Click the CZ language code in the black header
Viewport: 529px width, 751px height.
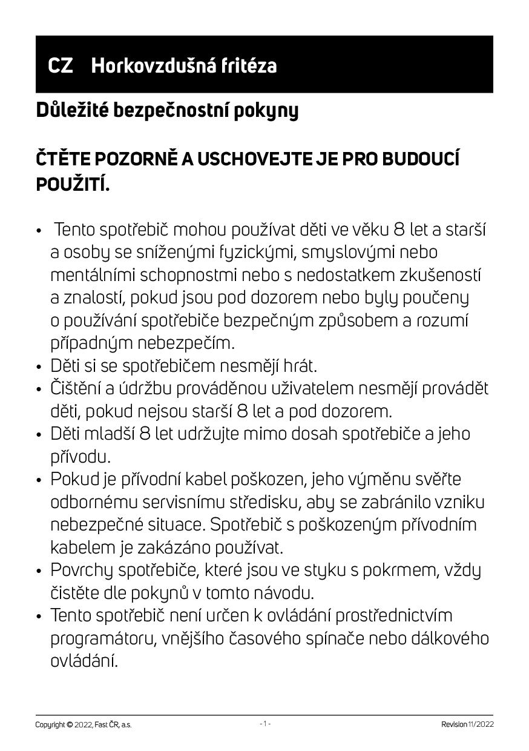point(60,65)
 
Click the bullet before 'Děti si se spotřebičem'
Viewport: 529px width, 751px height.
point(39,367)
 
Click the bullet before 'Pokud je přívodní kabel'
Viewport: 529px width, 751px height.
point(39,480)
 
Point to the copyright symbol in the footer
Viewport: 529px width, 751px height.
point(70,724)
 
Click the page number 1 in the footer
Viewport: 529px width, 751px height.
point(264,724)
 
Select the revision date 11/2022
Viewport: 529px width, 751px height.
point(481,724)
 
